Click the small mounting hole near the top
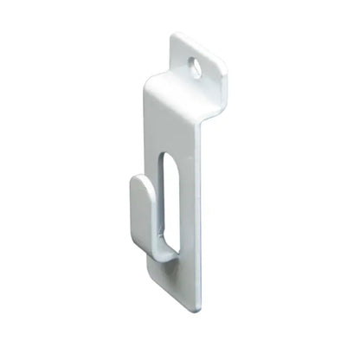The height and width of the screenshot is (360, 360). [196, 67]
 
